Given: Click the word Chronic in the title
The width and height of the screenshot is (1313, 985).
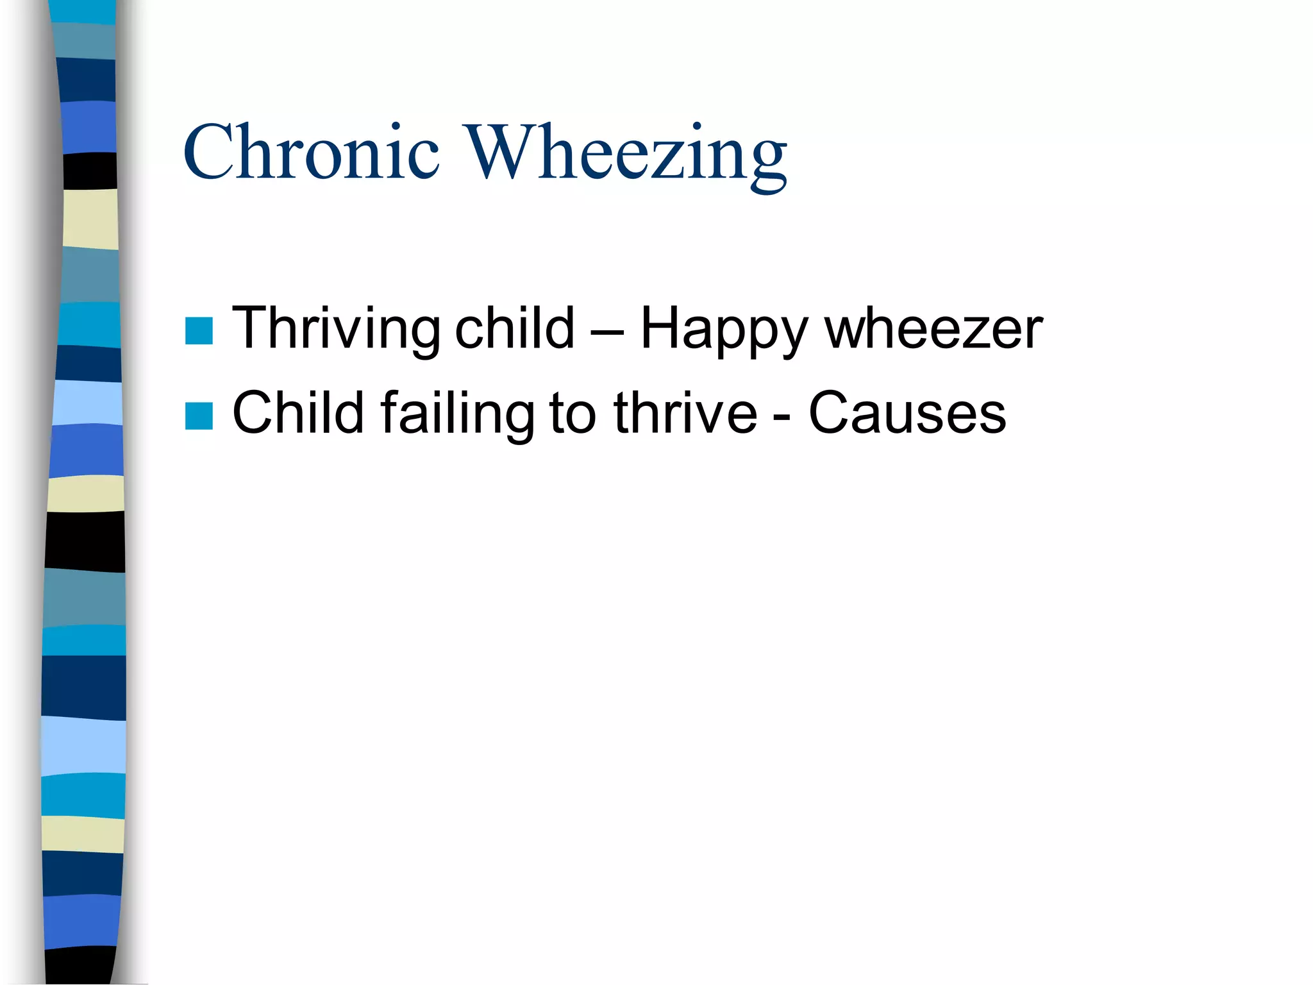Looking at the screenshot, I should (312, 153).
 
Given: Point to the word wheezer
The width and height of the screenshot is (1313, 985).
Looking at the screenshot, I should (933, 329).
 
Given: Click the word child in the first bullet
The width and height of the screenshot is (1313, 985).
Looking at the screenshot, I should (514, 328).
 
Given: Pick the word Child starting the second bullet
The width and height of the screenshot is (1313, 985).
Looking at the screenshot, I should (297, 413).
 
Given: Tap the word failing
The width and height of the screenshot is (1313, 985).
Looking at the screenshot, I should (457, 414).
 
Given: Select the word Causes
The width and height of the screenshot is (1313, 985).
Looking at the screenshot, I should (907, 414).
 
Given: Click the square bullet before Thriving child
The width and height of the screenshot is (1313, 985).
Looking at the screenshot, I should (199, 331).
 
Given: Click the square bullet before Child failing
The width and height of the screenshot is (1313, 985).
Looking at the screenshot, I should (199, 416).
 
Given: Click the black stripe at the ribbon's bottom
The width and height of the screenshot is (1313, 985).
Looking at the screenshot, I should (80, 966).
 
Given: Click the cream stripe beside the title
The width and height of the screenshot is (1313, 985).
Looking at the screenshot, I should (90, 219).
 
